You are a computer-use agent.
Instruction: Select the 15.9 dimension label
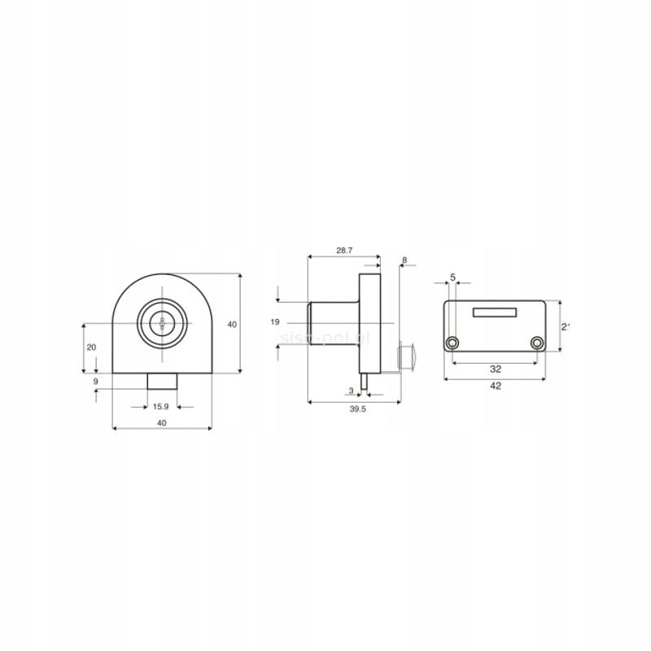[x=161, y=406]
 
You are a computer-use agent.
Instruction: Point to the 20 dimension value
[x=91, y=347]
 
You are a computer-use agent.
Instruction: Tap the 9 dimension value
[x=95, y=381]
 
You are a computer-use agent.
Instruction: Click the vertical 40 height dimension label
[x=232, y=325]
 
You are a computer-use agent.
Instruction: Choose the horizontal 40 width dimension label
[x=161, y=422]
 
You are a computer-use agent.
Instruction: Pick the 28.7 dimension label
[x=343, y=251]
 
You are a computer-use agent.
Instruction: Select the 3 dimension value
[x=351, y=391]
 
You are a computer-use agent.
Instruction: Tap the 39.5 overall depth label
[x=356, y=410]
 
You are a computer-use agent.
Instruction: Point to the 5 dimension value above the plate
[x=452, y=277]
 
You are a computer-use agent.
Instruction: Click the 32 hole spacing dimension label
[x=495, y=369]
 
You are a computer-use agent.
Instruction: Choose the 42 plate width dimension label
[x=495, y=386]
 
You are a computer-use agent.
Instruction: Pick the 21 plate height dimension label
[x=565, y=326]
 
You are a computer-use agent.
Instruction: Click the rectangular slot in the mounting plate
[x=495, y=311]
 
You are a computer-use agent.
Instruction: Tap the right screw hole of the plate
[x=536, y=343]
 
